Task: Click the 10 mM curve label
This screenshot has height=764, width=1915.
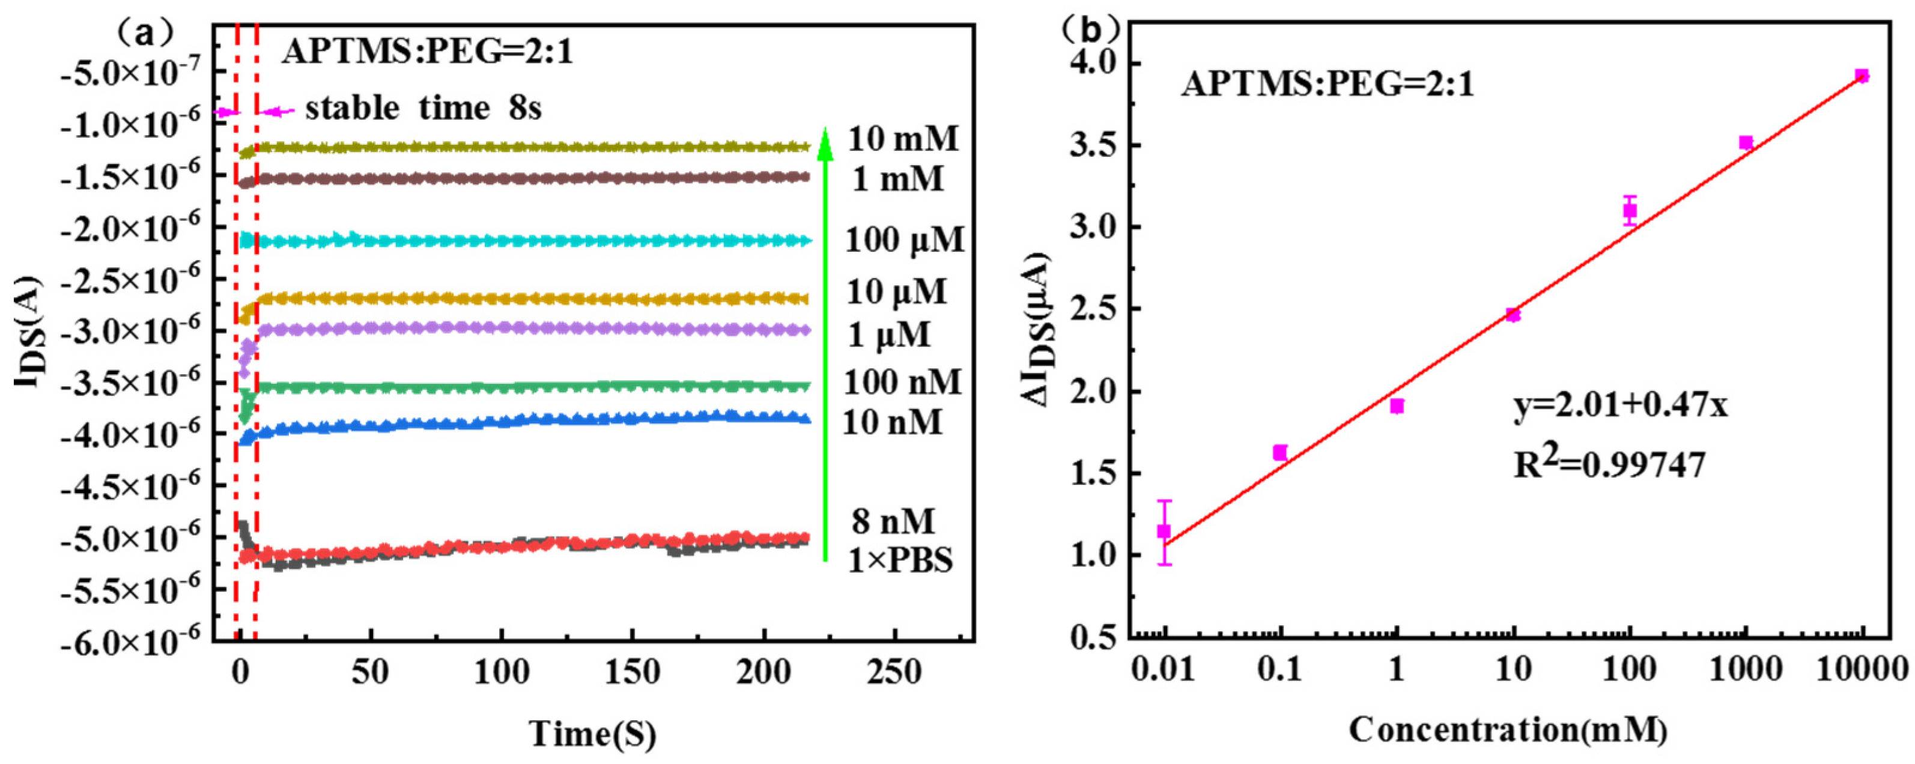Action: [x=903, y=139]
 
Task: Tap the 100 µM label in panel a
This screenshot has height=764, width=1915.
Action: [x=904, y=240]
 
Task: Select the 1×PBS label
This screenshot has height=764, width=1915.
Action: [x=900, y=560]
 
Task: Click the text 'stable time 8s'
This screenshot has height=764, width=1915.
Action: [x=423, y=109]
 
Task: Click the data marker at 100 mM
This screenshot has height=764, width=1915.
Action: [x=1630, y=210]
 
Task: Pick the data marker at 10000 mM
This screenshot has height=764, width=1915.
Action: [x=1862, y=76]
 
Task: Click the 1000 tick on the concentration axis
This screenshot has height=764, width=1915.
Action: [x=1746, y=671]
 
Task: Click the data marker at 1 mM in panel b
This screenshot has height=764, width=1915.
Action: [x=1397, y=406]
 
